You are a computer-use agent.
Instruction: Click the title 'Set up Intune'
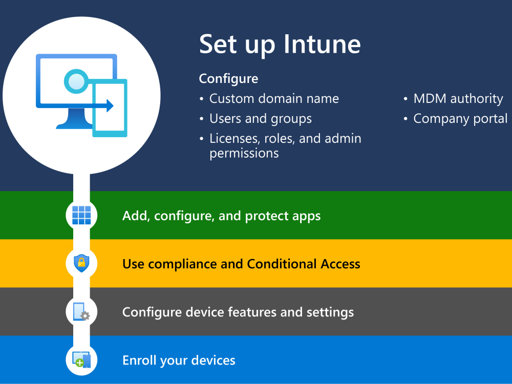pos(280,45)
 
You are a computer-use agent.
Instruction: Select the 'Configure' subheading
pos(228,79)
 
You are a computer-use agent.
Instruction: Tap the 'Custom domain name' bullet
pos(274,98)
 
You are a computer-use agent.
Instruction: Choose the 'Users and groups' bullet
pos(260,119)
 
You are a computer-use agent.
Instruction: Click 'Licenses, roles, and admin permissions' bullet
pos(285,145)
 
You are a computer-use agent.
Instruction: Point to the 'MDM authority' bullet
pos(458,98)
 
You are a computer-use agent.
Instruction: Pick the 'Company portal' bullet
pos(460,119)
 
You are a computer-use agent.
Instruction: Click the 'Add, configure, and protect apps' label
pos(221,216)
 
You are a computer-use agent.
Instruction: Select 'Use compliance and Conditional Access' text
pos(241,264)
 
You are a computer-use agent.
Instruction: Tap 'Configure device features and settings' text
pos(238,312)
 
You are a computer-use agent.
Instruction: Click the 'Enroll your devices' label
pos(179,360)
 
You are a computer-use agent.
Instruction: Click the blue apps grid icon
pos(81,216)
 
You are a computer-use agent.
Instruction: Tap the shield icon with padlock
pos(81,263)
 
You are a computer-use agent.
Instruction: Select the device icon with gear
pos(81,312)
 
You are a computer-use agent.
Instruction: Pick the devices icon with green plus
pos(81,359)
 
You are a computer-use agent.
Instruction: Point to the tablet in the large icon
pos(110,109)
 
